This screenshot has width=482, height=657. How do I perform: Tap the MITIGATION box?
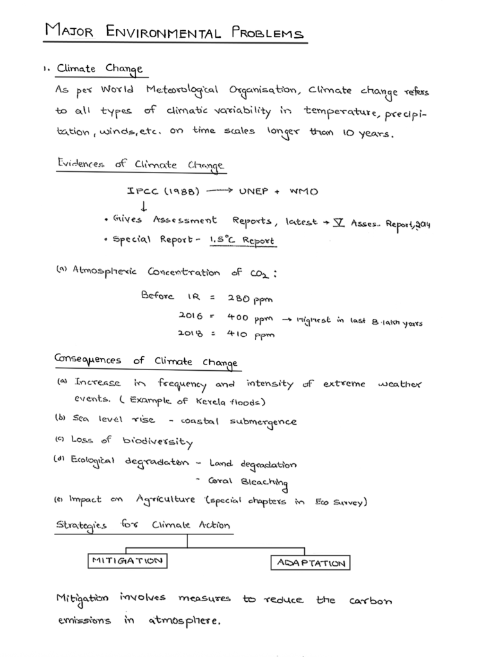(126, 560)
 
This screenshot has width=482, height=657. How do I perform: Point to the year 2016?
(191, 316)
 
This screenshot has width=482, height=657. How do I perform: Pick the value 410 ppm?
(250, 334)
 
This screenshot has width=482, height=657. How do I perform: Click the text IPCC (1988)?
(164, 191)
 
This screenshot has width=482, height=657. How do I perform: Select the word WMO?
(304, 191)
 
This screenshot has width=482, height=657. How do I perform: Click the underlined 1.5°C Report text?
(243, 241)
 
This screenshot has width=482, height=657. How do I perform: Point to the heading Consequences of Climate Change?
(146, 362)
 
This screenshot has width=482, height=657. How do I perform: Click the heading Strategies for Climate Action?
(142, 525)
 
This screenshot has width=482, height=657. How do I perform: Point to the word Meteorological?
(182, 90)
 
